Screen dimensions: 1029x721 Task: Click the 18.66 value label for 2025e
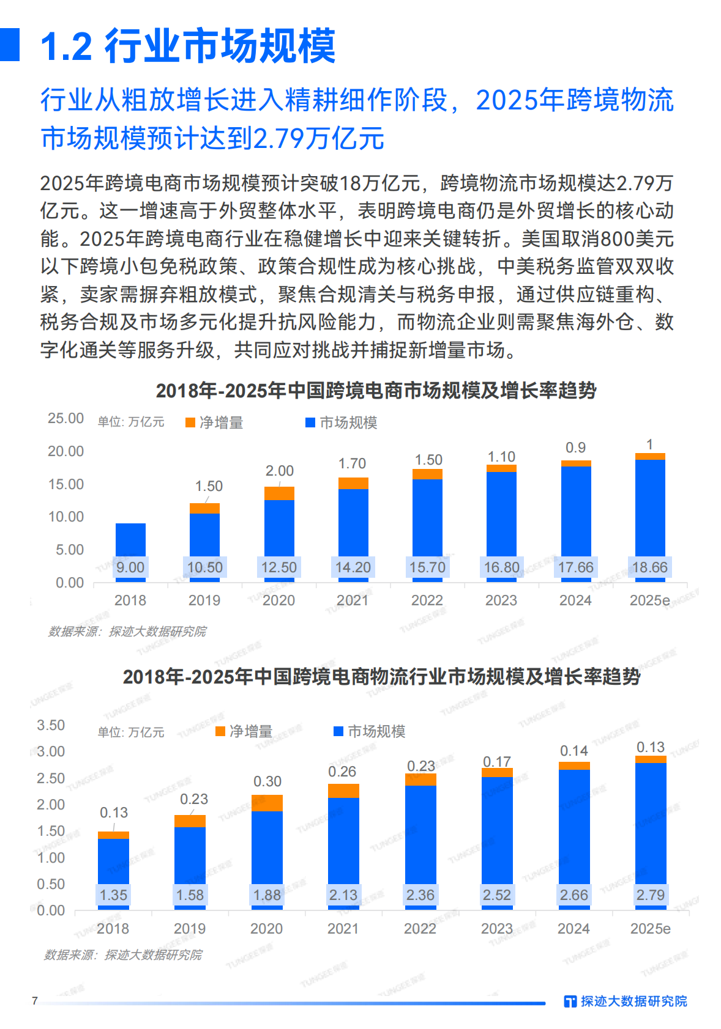coord(649,567)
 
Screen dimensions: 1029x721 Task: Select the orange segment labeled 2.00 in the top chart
coord(279,493)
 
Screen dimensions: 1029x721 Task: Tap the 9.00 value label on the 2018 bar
coord(130,567)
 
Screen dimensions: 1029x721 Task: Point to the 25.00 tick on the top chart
coord(65,418)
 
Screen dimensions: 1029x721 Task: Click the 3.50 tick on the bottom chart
coord(51,725)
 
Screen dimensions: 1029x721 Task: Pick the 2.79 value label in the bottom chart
coord(650,895)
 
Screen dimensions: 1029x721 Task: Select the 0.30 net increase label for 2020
coord(267,781)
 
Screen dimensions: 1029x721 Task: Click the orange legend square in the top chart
coord(190,422)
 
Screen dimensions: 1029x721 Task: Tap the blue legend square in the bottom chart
coord(338,731)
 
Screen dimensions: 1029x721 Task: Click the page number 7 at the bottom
coord(35,1001)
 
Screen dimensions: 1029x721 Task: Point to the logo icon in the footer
coord(570,1001)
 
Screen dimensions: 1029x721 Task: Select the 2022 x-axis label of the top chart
coord(427,600)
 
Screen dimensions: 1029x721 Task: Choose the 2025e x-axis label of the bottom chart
coord(650,929)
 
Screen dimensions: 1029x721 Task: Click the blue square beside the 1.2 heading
coord(10,45)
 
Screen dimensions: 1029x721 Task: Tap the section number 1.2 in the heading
coord(66,46)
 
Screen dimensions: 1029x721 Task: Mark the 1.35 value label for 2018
coord(113,895)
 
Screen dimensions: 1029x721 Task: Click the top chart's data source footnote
coord(127,631)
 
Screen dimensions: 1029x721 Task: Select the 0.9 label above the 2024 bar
coord(575,448)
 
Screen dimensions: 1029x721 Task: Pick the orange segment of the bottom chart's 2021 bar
coord(343,791)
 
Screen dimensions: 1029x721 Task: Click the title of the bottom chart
coord(381,677)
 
